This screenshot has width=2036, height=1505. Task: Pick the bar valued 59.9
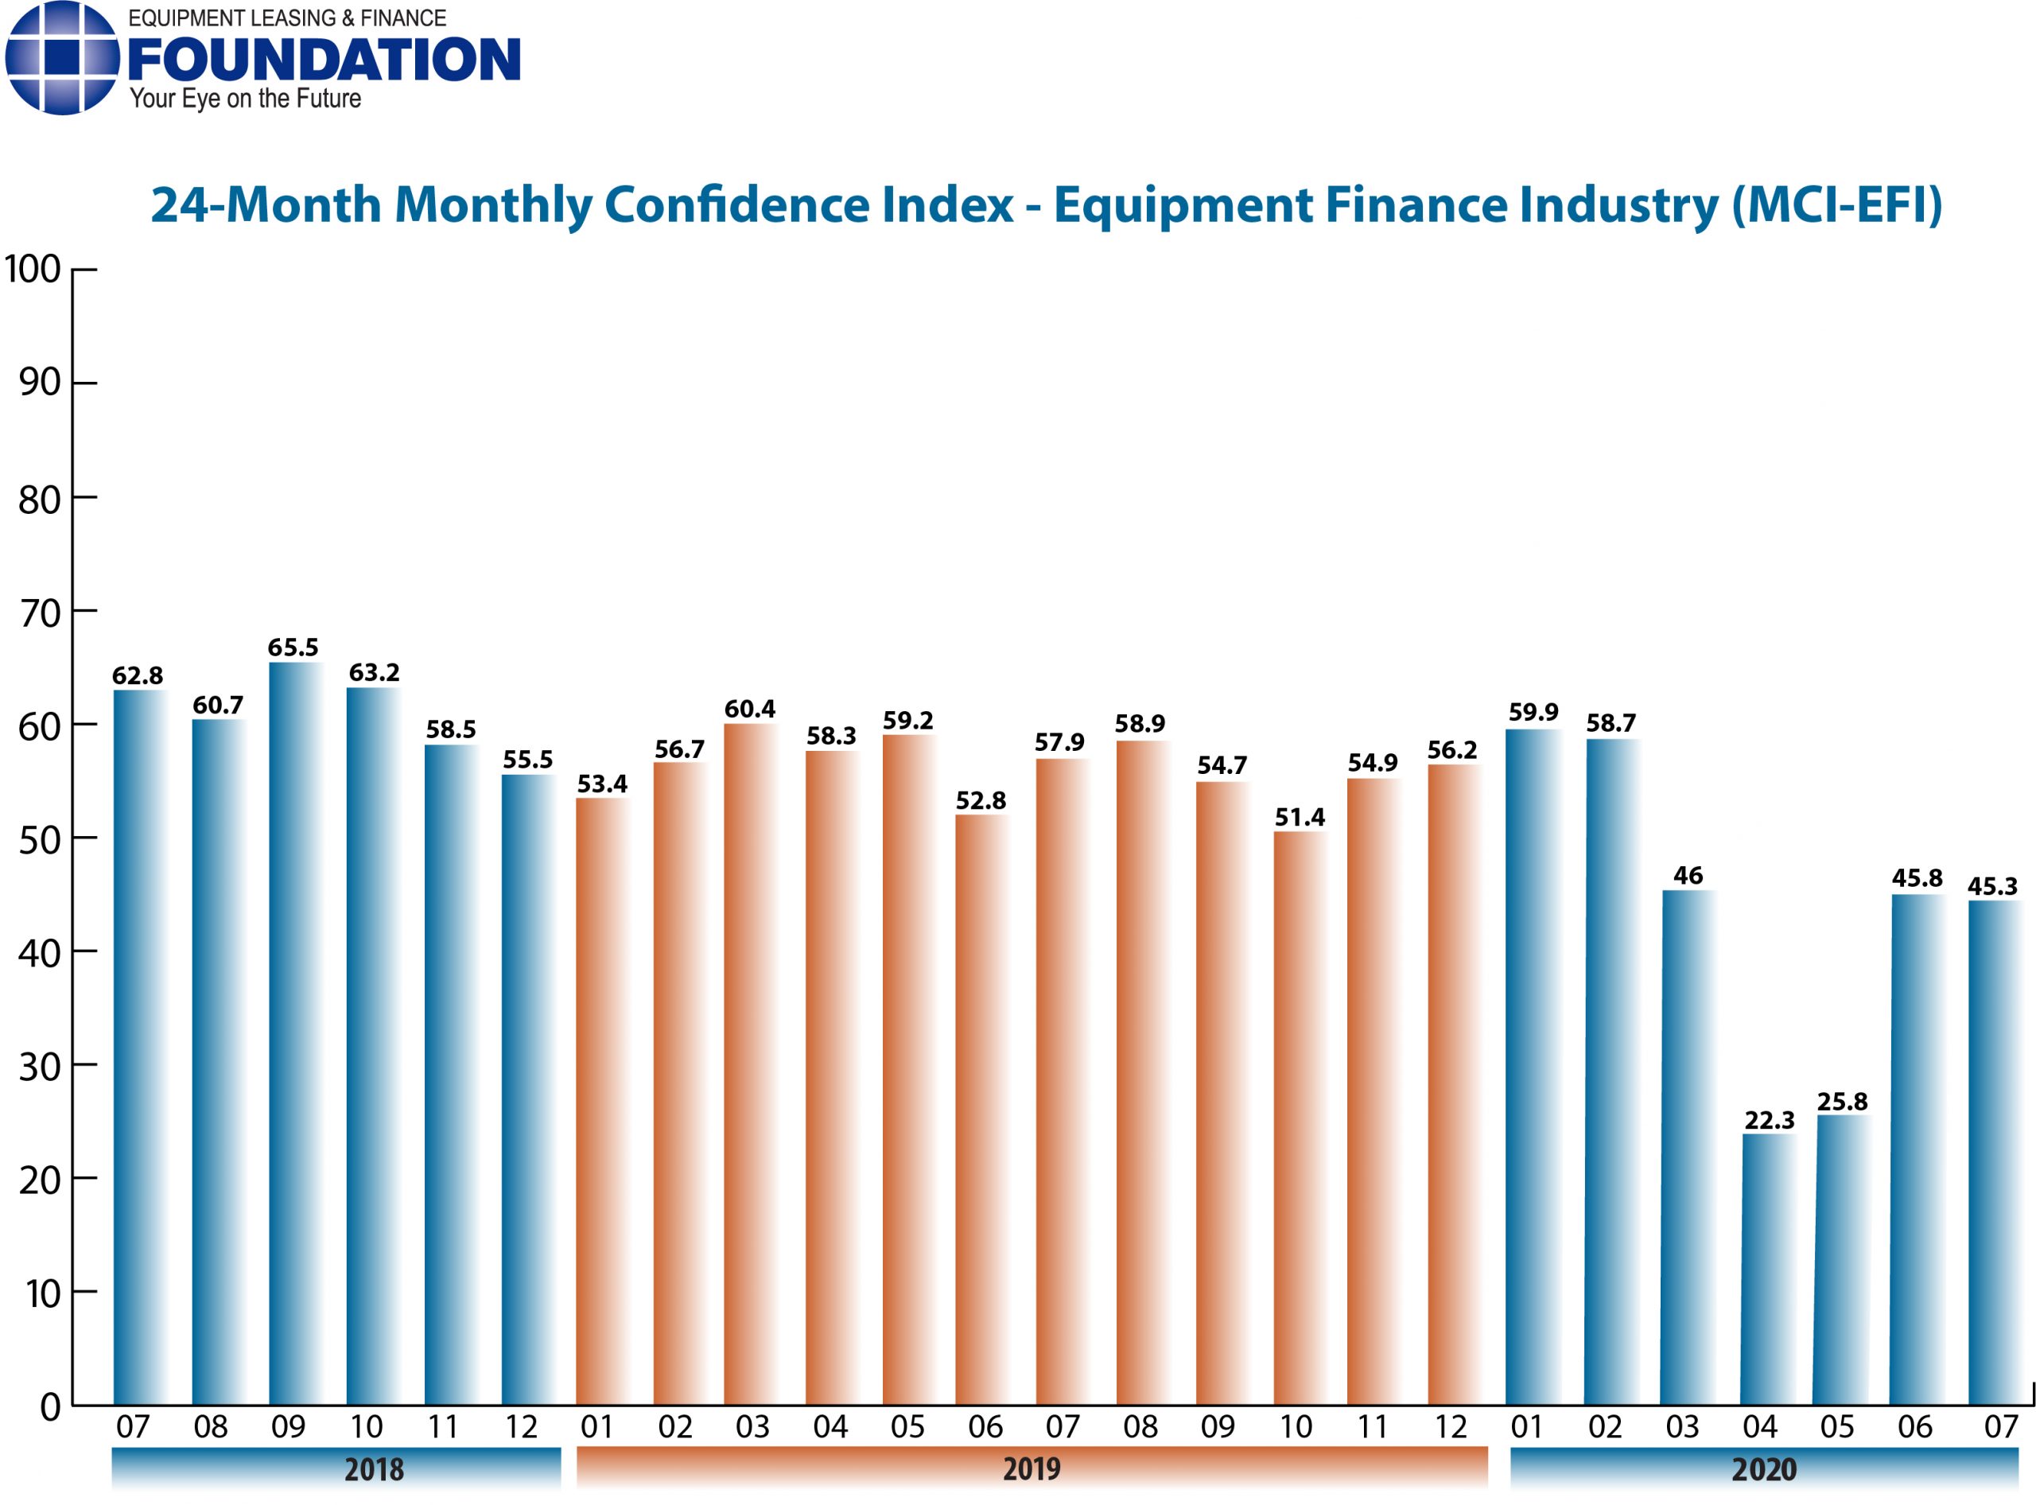1533,1066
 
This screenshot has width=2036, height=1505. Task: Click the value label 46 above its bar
1687,877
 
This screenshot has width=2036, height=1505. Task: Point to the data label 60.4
749,709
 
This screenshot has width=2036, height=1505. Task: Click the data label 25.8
1841,1102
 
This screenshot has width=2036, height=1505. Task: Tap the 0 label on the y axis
50,1407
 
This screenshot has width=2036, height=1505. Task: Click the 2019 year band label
1032,1469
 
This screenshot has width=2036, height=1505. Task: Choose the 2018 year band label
374,1469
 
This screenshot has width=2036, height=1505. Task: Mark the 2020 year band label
1764,1469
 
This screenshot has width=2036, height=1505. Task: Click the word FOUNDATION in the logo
324,60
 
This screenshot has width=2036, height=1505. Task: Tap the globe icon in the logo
61,57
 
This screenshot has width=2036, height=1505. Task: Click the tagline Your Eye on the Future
245,99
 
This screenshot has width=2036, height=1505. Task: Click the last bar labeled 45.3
1994,1153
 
